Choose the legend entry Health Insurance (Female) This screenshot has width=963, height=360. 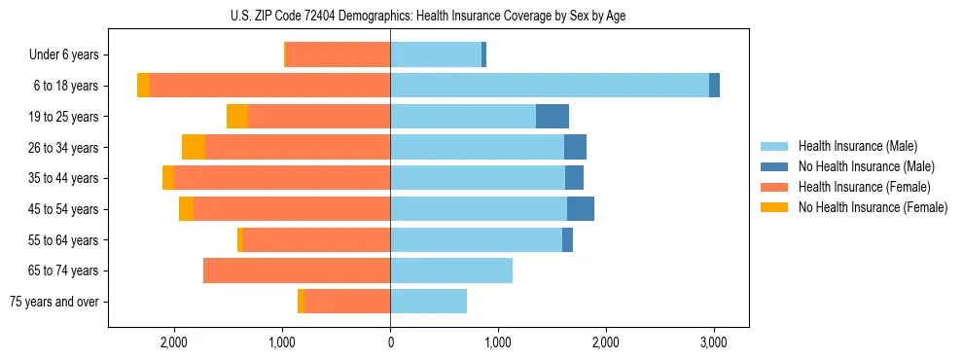tap(858, 187)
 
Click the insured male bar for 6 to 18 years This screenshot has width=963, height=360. tap(550, 86)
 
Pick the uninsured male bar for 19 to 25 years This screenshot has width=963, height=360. tap(553, 117)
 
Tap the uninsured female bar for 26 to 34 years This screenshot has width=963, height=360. tap(194, 148)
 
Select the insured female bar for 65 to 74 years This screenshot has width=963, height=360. tap(297, 270)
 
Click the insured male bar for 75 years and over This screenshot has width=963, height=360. tap(428, 302)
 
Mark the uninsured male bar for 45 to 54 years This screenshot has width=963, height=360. tap(581, 209)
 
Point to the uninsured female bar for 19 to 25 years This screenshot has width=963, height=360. tap(237, 117)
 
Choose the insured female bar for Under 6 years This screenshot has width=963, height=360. tap(339, 55)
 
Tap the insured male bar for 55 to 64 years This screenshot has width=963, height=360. tap(477, 240)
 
